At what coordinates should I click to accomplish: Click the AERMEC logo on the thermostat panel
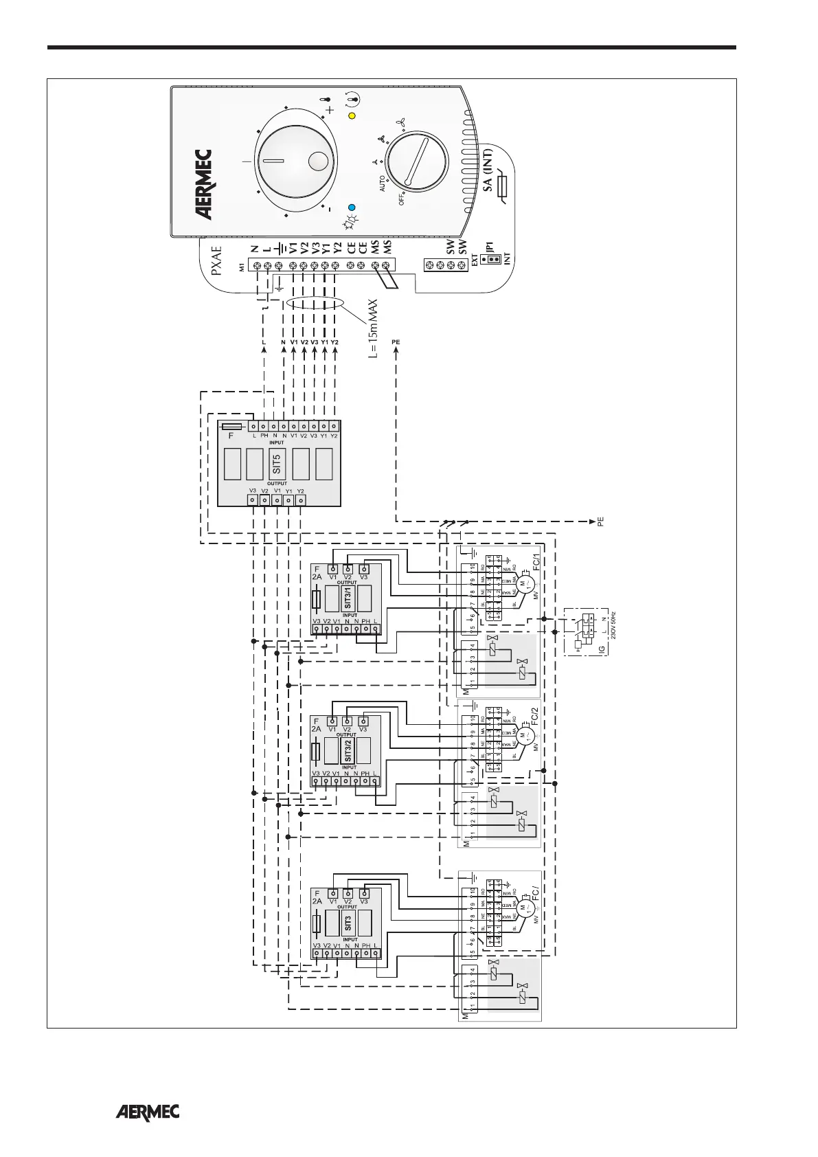tap(204, 186)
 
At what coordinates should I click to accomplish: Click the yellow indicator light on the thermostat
tap(352, 115)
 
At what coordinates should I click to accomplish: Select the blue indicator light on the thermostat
tap(352, 207)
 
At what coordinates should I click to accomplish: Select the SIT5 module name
tap(277, 463)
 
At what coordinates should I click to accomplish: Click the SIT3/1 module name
tap(348, 595)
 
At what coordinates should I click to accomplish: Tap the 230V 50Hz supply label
tap(613, 626)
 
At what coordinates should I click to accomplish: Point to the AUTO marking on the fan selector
tap(382, 183)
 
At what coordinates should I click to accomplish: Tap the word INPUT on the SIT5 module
tap(276, 442)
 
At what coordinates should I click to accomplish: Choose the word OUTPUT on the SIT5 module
tap(277, 484)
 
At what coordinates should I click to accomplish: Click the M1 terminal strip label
tap(241, 266)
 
